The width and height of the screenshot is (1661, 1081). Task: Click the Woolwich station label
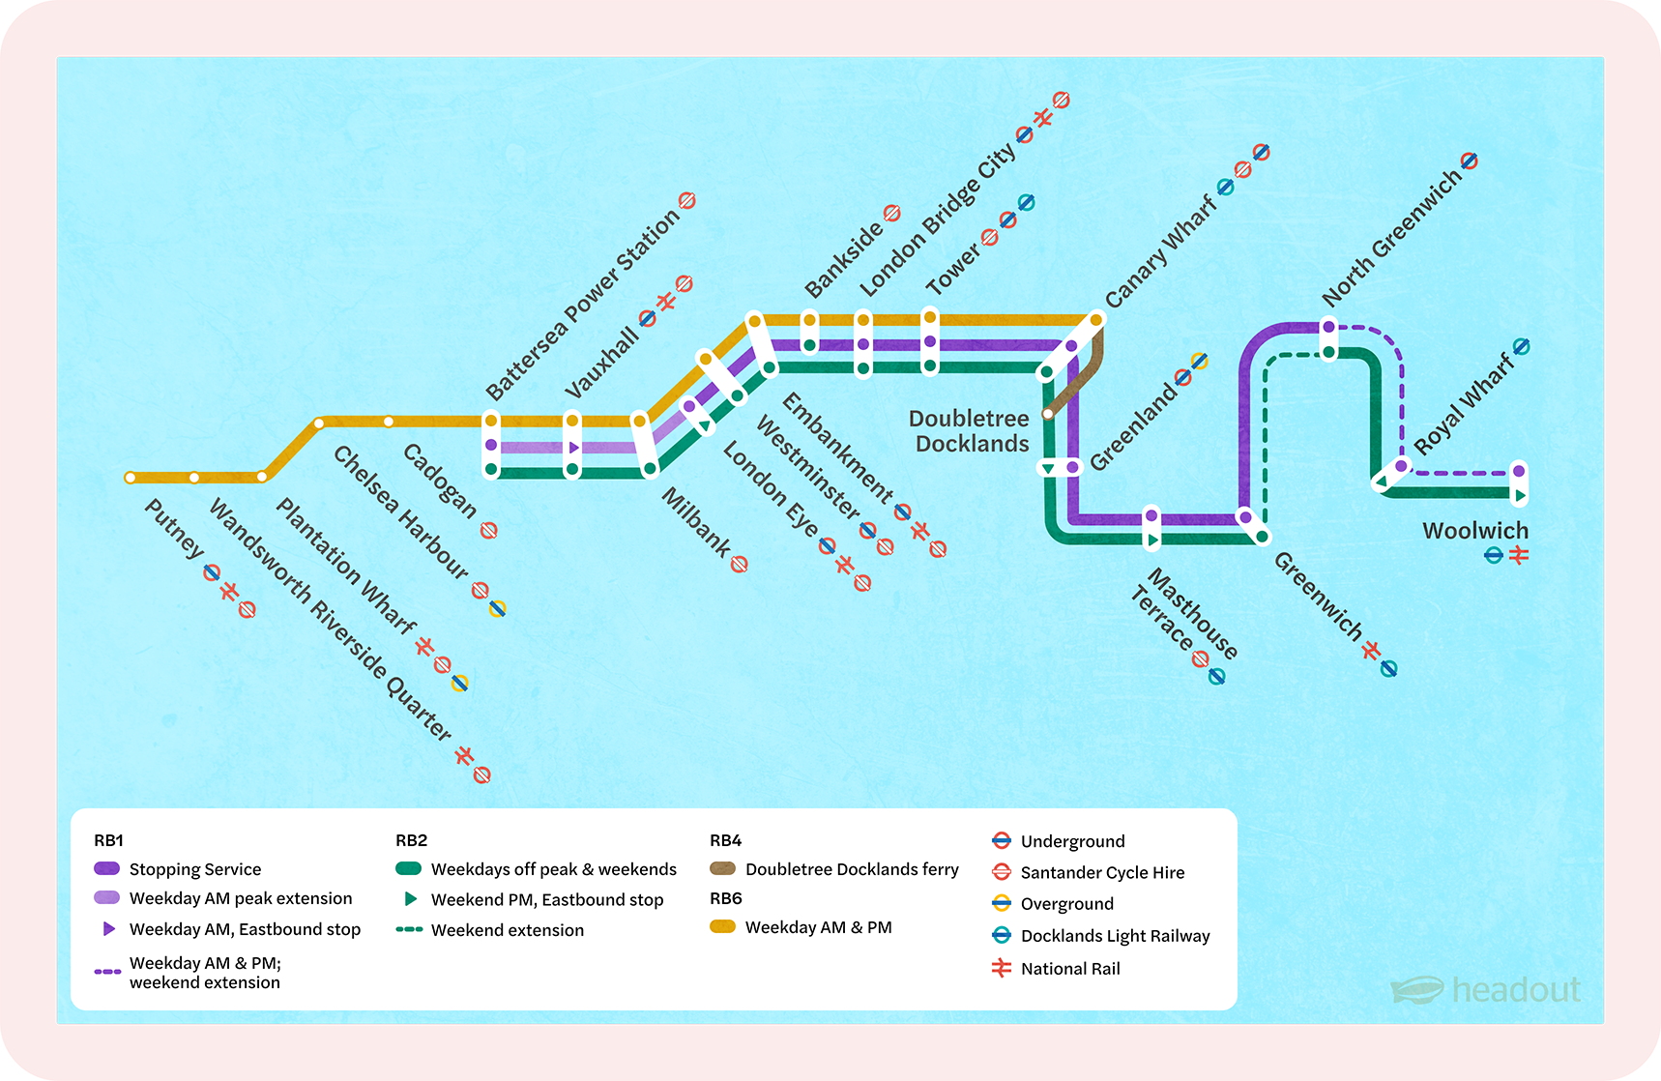click(x=1475, y=531)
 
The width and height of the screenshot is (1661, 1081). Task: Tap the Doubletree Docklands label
click(x=970, y=431)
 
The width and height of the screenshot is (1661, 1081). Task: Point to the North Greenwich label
click(x=1391, y=238)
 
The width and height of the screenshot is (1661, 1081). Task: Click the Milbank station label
click(x=696, y=522)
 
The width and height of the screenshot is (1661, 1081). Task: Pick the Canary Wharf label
click(x=1160, y=251)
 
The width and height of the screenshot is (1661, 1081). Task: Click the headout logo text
click(x=1515, y=990)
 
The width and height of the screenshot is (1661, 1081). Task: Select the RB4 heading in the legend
click(x=725, y=840)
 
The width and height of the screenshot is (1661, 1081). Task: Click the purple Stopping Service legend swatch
click(x=106, y=868)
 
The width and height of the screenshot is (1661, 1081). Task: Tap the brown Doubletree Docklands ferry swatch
click(x=722, y=868)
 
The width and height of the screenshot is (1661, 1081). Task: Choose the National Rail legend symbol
click(x=1002, y=968)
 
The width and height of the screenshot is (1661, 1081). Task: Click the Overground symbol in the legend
click(x=1002, y=904)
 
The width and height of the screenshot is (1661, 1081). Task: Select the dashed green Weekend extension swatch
click(x=409, y=930)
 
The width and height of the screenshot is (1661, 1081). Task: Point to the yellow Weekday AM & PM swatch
click(x=722, y=926)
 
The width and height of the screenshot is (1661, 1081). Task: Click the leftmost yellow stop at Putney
click(x=131, y=478)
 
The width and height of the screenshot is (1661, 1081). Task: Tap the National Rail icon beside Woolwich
click(x=1519, y=555)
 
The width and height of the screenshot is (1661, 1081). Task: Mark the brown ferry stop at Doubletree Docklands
click(x=1048, y=414)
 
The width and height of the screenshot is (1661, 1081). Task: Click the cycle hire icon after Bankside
click(x=892, y=213)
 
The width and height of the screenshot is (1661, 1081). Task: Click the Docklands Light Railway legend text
click(x=1115, y=936)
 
